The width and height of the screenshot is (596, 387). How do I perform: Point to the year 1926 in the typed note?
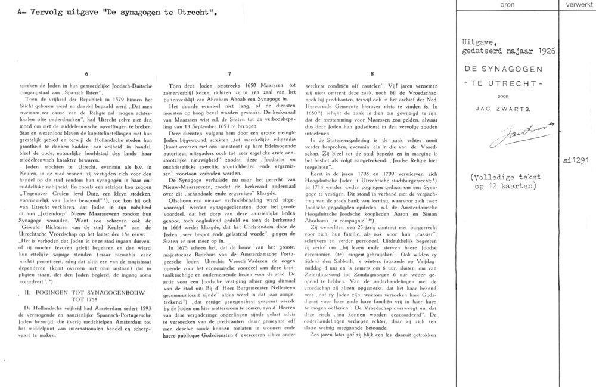point(545,52)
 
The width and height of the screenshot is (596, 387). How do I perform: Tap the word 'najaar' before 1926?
point(520,52)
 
